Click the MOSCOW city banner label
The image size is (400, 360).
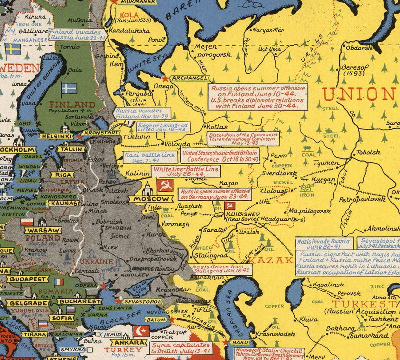(151, 199)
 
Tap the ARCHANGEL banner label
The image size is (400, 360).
(189, 78)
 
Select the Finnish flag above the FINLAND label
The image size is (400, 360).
(69, 88)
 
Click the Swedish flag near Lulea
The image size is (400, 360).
(12, 48)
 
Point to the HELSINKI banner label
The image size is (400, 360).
(56, 136)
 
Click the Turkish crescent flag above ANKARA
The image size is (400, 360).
(141, 332)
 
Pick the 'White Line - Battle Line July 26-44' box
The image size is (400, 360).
(186, 172)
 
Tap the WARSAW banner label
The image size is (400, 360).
(43, 230)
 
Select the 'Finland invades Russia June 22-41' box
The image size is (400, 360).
(77, 35)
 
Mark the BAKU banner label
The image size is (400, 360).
(240, 342)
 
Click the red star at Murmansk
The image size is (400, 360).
(114, 2)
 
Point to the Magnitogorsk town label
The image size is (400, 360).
(309, 211)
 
